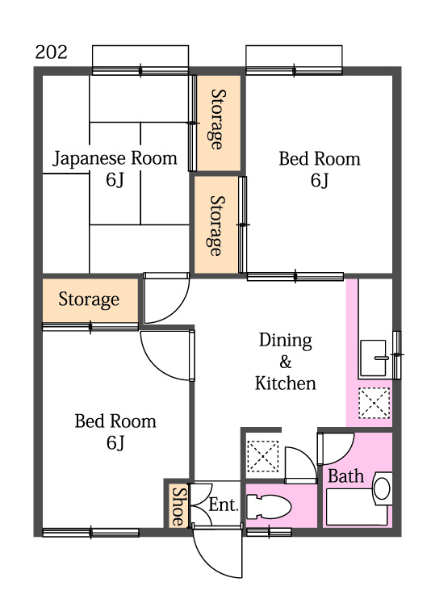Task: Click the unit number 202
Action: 51,53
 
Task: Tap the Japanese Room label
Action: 115,168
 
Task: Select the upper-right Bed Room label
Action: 320,169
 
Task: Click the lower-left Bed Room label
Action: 115,431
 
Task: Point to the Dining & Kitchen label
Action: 285,361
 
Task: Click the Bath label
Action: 345,476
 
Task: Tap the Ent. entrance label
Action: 224,505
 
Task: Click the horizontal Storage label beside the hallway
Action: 89,300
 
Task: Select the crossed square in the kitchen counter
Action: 374,404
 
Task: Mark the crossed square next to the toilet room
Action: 263,456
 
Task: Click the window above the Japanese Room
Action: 141,61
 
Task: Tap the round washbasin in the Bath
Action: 382,488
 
